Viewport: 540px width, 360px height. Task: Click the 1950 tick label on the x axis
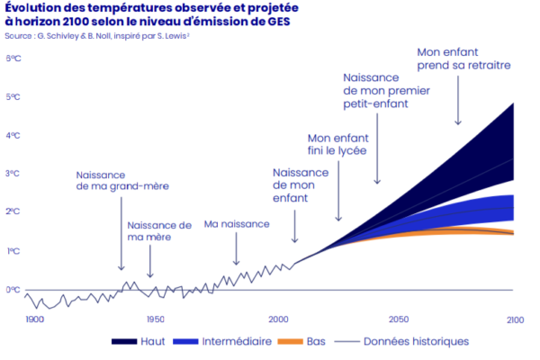(x=156, y=319)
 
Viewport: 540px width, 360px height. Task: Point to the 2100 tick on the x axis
(x=515, y=319)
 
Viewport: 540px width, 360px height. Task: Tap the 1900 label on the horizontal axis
(x=34, y=319)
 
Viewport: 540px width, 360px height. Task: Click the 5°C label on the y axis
(x=13, y=96)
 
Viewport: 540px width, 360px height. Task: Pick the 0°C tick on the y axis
(x=13, y=290)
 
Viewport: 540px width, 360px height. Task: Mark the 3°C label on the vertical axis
(x=13, y=174)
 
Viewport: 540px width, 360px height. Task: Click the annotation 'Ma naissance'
(x=237, y=223)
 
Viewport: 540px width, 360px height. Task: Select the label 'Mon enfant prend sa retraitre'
(x=464, y=59)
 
